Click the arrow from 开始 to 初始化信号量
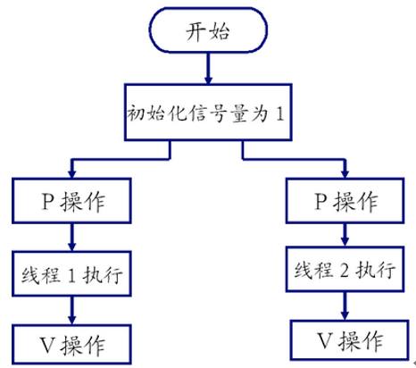(208, 69)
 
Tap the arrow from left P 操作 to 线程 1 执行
(71, 237)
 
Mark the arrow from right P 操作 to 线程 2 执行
(345, 235)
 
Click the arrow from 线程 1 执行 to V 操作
(71, 310)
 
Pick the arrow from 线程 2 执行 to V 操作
(345, 305)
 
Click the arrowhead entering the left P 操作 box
(71, 174)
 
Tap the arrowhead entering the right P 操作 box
(345, 174)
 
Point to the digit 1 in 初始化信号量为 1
(279, 113)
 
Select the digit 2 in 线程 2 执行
(344, 271)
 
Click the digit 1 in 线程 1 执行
(71, 275)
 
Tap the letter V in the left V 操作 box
(47, 346)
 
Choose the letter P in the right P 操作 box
(321, 201)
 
